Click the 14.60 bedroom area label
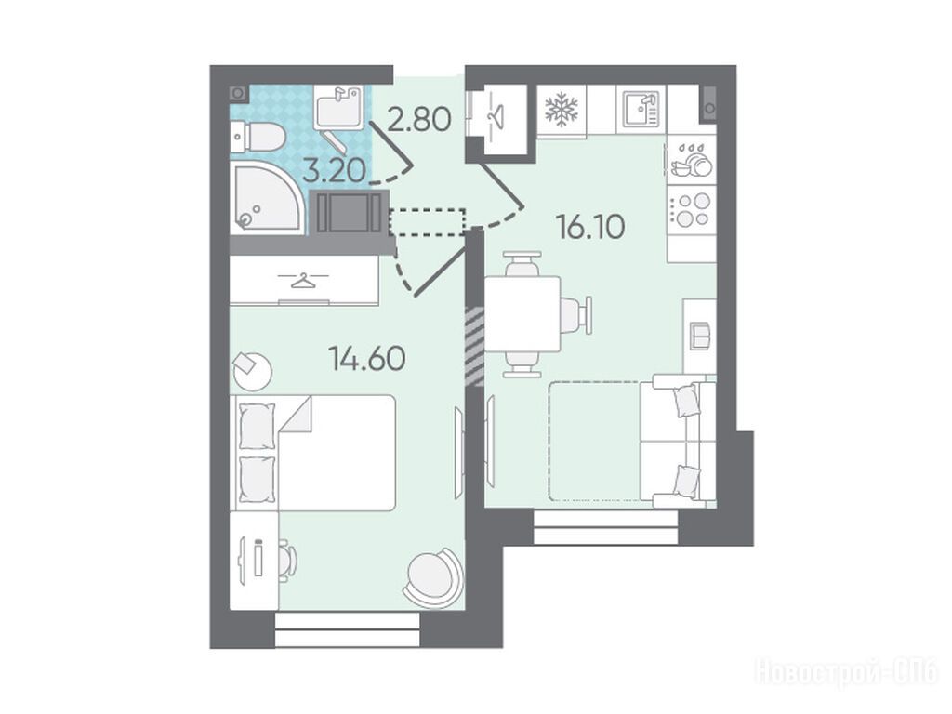tap(366, 358)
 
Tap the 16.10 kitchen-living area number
tap(590, 227)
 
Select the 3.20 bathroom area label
tap(334, 170)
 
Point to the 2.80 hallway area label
tap(419, 119)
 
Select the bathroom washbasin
tap(338, 107)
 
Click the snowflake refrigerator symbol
tap(561, 110)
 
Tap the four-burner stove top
tap(692, 209)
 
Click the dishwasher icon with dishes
tap(692, 160)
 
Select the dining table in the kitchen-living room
tap(522, 314)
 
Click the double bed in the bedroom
tap(313, 453)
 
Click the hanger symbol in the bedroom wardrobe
tap(302, 280)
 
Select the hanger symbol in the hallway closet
tap(497, 114)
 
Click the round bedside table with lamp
tap(251, 370)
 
